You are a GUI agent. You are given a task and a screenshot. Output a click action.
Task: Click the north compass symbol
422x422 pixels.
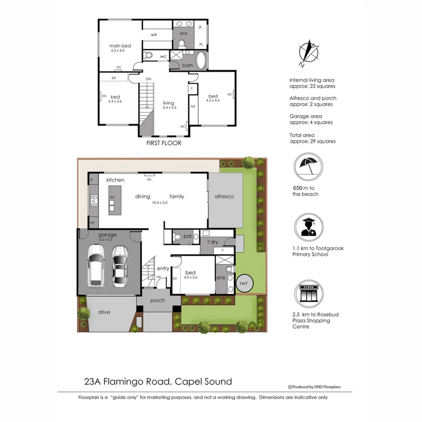[x=309, y=53]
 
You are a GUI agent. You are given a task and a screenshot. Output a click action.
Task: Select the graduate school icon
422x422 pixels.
[x=308, y=227]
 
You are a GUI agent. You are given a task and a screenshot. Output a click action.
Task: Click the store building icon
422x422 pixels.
[x=308, y=294]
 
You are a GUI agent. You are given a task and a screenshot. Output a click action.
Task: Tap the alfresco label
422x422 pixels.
[x=224, y=197]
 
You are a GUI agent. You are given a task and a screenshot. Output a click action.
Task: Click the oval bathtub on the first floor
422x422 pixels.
[x=201, y=61]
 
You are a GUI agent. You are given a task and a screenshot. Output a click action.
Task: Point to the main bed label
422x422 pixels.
[x=120, y=46]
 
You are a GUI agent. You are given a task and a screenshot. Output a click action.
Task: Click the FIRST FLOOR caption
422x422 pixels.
[x=164, y=143]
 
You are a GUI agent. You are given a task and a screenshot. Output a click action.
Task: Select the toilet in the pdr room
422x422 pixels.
[x=177, y=236]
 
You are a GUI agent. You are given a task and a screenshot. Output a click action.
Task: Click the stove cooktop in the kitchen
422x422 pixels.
[x=94, y=201]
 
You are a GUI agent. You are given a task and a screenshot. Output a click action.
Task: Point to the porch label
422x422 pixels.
[x=157, y=300]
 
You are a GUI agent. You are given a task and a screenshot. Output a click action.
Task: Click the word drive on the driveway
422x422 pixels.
[x=104, y=312]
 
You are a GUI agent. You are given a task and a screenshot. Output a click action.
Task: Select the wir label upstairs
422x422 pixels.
[x=154, y=34]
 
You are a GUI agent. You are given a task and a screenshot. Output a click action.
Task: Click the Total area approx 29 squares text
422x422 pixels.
[x=312, y=138]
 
